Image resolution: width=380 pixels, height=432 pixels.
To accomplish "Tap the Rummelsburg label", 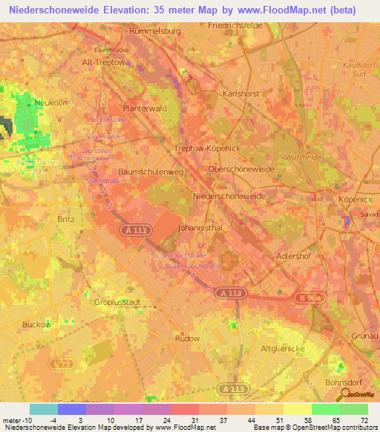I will click(155, 32).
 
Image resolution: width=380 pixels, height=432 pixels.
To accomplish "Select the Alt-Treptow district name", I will click(104, 63).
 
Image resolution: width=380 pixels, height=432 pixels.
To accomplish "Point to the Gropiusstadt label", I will click(117, 302).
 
